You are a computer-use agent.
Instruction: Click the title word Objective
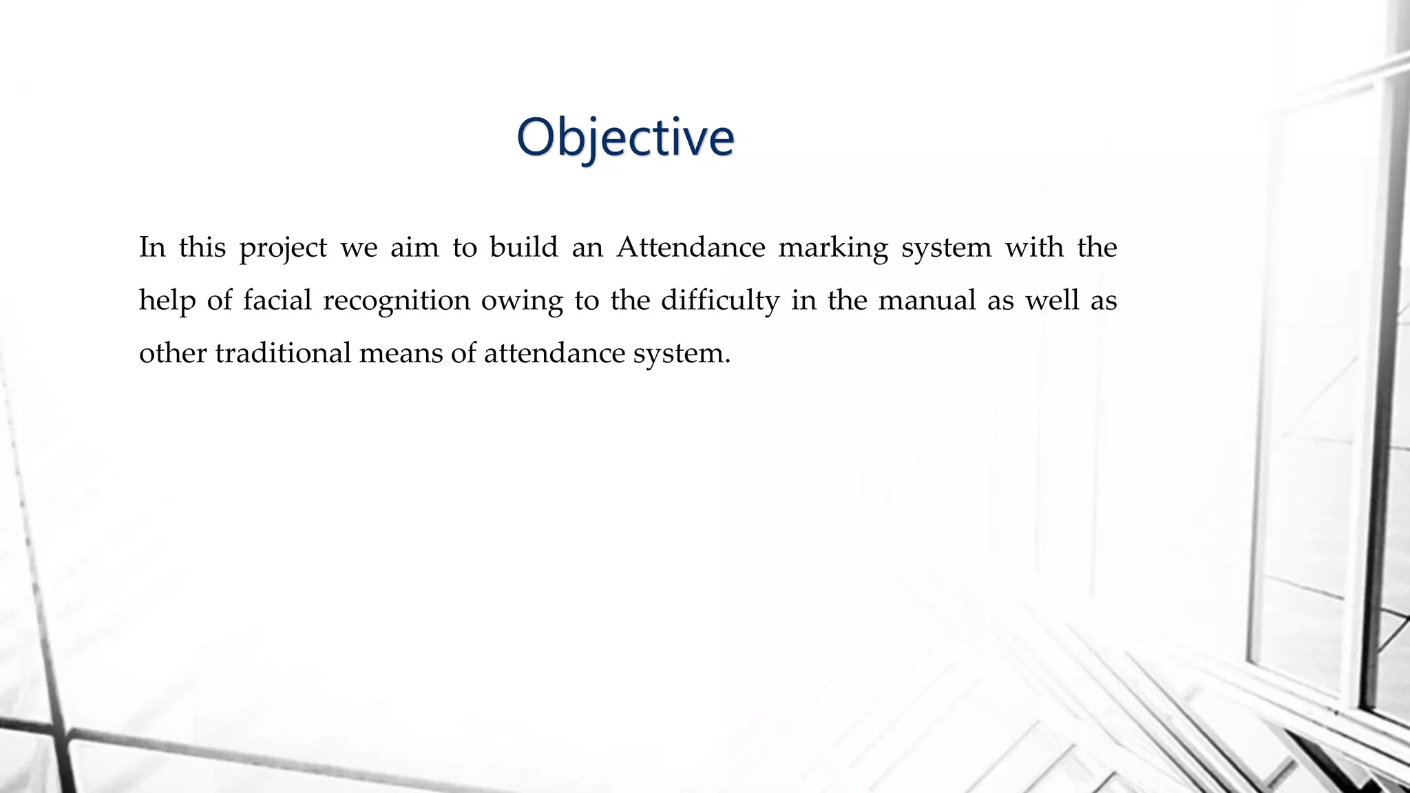tap(625, 138)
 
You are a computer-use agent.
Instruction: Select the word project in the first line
tap(283, 248)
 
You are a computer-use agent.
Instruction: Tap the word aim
tap(414, 247)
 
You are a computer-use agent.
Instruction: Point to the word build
tap(523, 247)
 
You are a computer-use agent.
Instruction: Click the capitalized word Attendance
tap(691, 247)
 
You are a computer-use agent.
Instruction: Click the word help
tap(167, 301)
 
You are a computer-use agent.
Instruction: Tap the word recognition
tap(397, 301)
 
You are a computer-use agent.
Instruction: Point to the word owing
tap(522, 301)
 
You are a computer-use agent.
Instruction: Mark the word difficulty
tap(719, 301)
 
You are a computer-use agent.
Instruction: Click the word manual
tap(927, 300)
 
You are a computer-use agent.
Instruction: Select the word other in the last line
tap(173, 353)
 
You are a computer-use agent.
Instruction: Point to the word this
tap(202, 247)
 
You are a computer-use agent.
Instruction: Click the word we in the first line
tap(359, 248)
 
